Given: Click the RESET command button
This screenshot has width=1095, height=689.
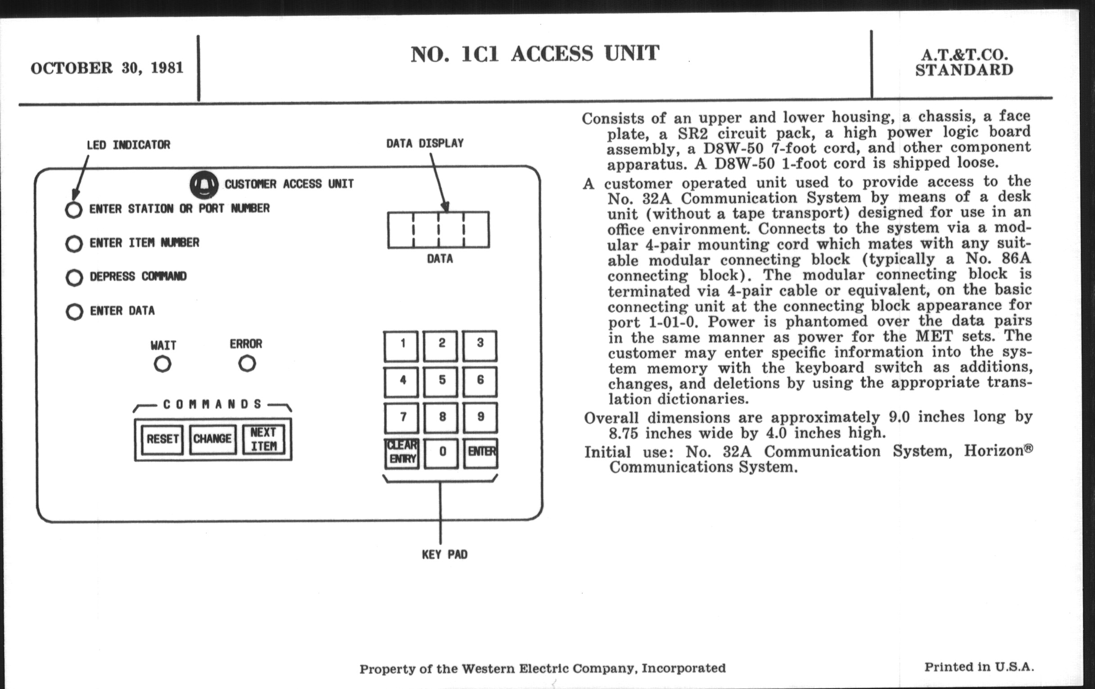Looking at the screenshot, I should click(x=163, y=440).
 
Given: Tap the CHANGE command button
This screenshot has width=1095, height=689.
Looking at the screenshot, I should click(x=213, y=440).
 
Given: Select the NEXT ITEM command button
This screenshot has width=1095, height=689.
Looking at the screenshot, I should click(x=263, y=440).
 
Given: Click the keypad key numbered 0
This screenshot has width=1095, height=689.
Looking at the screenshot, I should click(x=442, y=452).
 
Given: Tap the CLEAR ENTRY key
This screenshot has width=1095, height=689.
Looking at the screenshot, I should click(x=402, y=453).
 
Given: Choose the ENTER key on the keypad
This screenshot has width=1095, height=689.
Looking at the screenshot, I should click(x=481, y=452).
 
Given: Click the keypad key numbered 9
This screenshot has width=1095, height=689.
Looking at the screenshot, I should click(x=481, y=417).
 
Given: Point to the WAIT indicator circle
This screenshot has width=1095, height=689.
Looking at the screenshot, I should click(x=163, y=364).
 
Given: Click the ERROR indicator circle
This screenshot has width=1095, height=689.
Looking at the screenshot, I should click(x=247, y=363).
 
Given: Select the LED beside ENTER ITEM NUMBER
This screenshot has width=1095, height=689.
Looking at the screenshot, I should click(x=74, y=244).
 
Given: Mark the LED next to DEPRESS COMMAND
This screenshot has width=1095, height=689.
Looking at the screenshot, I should click(x=74, y=277).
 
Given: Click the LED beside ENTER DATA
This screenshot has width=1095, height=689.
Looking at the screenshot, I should click(x=74, y=312).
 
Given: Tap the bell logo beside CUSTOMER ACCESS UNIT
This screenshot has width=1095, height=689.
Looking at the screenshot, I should click(x=204, y=185).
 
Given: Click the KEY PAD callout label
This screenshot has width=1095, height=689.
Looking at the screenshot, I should click(x=445, y=554).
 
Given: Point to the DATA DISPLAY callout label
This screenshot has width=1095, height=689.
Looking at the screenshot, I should click(x=425, y=144).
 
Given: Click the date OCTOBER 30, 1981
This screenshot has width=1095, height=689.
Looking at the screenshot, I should click(x=107, y=68).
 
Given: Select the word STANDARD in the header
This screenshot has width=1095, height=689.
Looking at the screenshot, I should click(x=964, y=71).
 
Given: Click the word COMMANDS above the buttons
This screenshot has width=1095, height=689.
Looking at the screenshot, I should click(x=213, y=404).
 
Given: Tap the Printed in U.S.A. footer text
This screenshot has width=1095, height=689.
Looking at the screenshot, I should click(x=979, y=667).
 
